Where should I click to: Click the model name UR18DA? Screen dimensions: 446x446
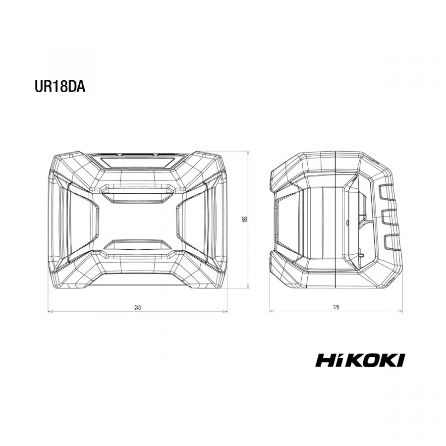(60, 87)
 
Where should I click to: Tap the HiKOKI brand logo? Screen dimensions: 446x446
(360, 360)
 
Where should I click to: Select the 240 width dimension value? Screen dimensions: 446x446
(137, 307)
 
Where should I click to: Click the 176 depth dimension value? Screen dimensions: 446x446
(336, 307)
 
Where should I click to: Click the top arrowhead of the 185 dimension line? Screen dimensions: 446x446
(249, 153)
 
